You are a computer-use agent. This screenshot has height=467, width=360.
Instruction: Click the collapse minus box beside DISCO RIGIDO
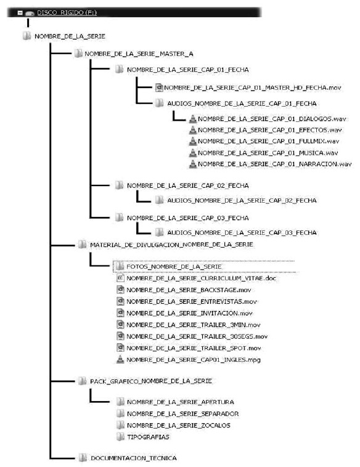click(x=20, y=13)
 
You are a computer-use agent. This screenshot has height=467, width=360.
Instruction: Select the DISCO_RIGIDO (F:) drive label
click(x=67, y=12)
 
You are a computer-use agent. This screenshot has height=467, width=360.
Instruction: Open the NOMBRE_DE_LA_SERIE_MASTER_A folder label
click(x=139, y=54)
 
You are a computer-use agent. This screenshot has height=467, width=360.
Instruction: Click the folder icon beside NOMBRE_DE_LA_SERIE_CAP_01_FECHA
click(x=119, y=69)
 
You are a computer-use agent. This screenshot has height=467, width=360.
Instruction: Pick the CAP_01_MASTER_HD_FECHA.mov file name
click(x=252, y=87)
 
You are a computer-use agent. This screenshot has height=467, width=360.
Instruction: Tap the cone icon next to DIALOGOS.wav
click(x=193, y=118)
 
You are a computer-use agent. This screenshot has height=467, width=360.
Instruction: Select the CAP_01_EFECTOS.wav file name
click(x=270, y=130)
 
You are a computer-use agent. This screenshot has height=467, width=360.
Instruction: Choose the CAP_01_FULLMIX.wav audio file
click(x=269, y=141)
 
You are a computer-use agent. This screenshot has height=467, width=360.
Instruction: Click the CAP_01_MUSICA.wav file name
click(x=268, y=153)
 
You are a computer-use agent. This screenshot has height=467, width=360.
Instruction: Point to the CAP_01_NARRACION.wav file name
click(x=275, y=164)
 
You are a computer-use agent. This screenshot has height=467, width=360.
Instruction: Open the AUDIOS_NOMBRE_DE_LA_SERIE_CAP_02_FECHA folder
click(x=242, y=200)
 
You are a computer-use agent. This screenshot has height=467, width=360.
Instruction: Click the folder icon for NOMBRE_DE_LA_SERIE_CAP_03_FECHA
click(x=119, y=217)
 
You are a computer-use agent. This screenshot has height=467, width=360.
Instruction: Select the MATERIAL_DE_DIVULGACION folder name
click(x=171, y=245)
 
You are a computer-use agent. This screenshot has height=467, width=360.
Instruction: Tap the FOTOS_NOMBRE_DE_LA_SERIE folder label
click(x=174, y=266)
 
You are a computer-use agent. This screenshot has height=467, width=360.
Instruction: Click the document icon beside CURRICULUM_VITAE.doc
click(x=120, y=278)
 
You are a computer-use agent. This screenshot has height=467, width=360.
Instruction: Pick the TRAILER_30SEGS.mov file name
click(x=197, y=336)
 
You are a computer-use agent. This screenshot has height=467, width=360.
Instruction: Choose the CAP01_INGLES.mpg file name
click(x=194, y=359)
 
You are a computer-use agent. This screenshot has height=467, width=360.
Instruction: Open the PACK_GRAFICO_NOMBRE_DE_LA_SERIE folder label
click(x=151, y=381)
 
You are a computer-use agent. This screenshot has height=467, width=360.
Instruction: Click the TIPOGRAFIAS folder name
click(x=148, y=437)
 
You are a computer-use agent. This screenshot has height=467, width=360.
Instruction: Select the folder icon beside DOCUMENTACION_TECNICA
click(x=83, y=458)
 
